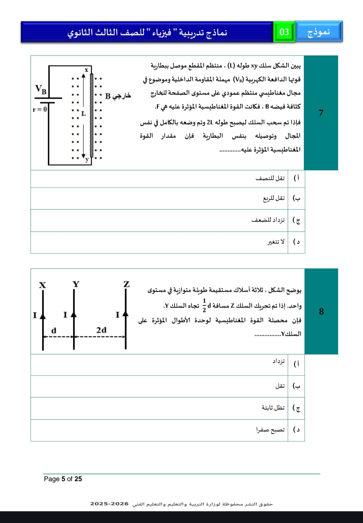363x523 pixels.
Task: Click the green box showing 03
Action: pyautogui.click(x=284, y=32)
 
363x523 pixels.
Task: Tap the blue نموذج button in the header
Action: pyautogui.click(x=319, y=32)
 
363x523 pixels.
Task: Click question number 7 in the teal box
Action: pyautogui.click(x=321, y=113)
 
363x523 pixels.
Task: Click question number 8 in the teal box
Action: pyautogui.click(x=321, y=312)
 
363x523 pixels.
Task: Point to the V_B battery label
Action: pyautogui.click(x=41, y=89)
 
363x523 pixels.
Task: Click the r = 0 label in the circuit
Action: pyautogui.click(x=40, y=109)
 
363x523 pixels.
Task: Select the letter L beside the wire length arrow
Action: pyautogui.click(x=84, y=114)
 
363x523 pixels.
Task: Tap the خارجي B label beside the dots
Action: pyautogui.click(x=118, y=96)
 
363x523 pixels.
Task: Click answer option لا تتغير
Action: pyautogui.click(x=276, y=242)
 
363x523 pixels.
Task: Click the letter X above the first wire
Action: pyautogui.click(x=42, y=285)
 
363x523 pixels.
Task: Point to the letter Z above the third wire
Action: pyautogui.click(x=126, y=284)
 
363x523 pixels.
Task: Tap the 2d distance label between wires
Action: pyautogui.click(x=101, y=330)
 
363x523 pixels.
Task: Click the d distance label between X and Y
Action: pyautogui.click(x=54, y=330)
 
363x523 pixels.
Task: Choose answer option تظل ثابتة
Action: pyautogui.click(x=273, y=408)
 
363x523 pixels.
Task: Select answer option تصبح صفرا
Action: pyautogui.click(x=270, y=430)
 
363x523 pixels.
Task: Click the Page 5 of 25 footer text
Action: pyautogui.click(x=63, y=479)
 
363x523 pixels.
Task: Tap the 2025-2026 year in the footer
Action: pyautogui.click(x=109, y=504)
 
